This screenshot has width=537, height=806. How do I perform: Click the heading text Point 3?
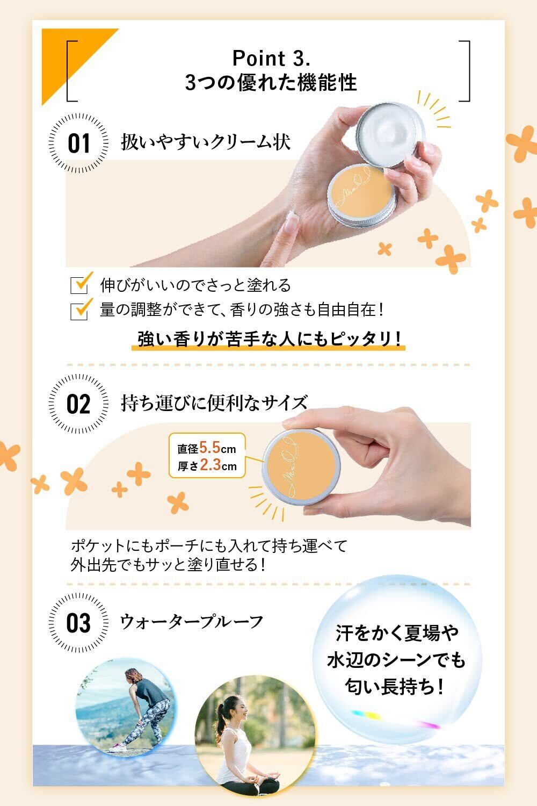(271, 58)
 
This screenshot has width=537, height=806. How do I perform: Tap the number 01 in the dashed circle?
(79, 143)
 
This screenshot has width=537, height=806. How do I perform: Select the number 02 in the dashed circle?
(78, 404)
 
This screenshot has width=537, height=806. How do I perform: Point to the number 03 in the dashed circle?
(78, 623)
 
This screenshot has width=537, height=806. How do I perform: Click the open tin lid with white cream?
(391, 134)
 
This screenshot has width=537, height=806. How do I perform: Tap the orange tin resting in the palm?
(361, 195)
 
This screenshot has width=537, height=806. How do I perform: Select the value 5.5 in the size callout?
(209, 448)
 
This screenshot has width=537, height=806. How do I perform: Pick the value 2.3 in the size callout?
(210, 465)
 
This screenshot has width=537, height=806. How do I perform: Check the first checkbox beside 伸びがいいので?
(79, 285)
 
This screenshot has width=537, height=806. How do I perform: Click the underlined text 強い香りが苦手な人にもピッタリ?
(268, 339)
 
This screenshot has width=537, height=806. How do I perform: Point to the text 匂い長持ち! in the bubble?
(395, 687)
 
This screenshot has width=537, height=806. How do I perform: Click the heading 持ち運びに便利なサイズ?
(214, 402)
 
